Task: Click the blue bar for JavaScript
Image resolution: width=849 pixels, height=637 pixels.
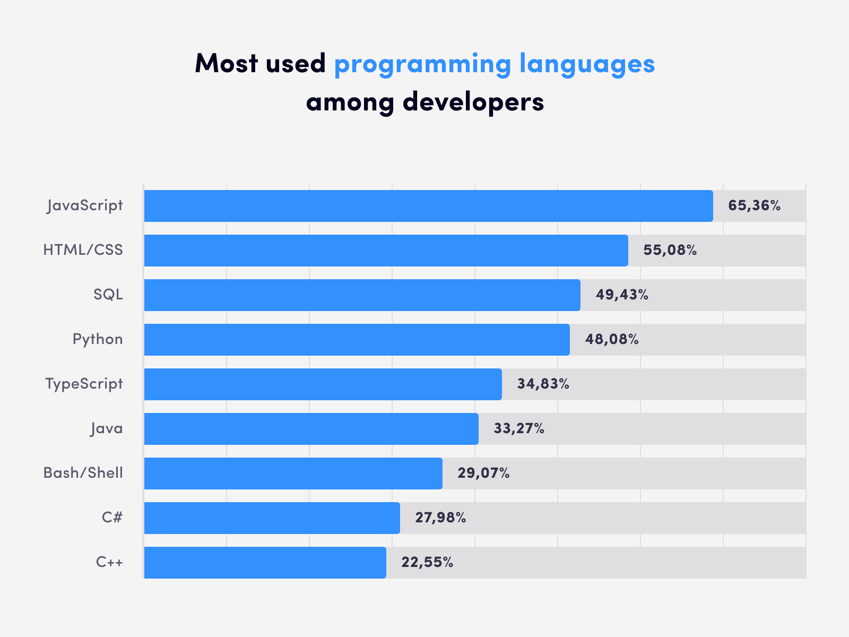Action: coord(428,206)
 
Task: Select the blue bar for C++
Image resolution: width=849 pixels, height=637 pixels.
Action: coord(265,563)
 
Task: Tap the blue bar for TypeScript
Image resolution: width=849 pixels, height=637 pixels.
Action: coord(323,384)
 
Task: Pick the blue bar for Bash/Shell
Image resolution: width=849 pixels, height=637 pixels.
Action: coord(293,474)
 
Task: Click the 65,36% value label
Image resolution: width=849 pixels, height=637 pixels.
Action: coord(754,206)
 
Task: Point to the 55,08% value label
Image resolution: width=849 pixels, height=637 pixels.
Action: coord(670,250)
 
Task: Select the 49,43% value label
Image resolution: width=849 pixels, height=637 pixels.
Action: coord(622,295)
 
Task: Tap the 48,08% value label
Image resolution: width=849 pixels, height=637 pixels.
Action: coord(611,339)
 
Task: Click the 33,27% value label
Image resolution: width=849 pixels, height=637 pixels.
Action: coord(518,428)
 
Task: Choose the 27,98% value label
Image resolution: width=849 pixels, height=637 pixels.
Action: coord(440,518)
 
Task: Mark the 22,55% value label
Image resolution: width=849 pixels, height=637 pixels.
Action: coord(427,562)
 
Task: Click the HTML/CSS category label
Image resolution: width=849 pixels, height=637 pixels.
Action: coord(83,250)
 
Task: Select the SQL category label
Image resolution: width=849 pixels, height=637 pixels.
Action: coord(108,295)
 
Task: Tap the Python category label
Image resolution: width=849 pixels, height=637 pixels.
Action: coord(98,340)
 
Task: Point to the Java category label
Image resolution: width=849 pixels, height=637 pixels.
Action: coord(106,428)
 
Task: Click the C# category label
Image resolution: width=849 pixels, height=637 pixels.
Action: coord(112,518)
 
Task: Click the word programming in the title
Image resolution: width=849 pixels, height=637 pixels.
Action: coord(422,65)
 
